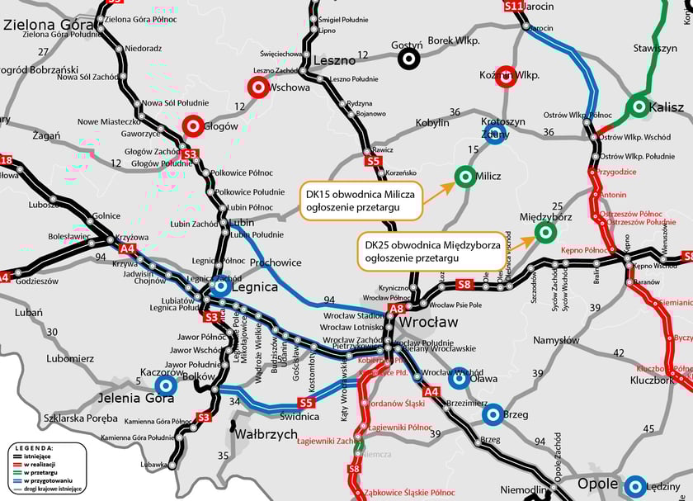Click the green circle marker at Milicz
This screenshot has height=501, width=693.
coord(464,176)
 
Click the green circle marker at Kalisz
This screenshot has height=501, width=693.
coord(638,106)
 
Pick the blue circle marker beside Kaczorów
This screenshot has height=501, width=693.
coord(167,385)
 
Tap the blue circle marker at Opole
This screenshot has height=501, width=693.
coord(634,486)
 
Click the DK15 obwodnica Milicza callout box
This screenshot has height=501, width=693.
coord(360,201)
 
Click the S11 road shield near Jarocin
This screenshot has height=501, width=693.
coord(513,7)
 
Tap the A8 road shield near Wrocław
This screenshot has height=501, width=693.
coord(397,308)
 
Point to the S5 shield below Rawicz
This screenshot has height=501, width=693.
coord(374,163)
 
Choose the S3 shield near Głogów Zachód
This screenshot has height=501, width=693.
coord(191,154)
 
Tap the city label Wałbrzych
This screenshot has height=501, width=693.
coord(266,433)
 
